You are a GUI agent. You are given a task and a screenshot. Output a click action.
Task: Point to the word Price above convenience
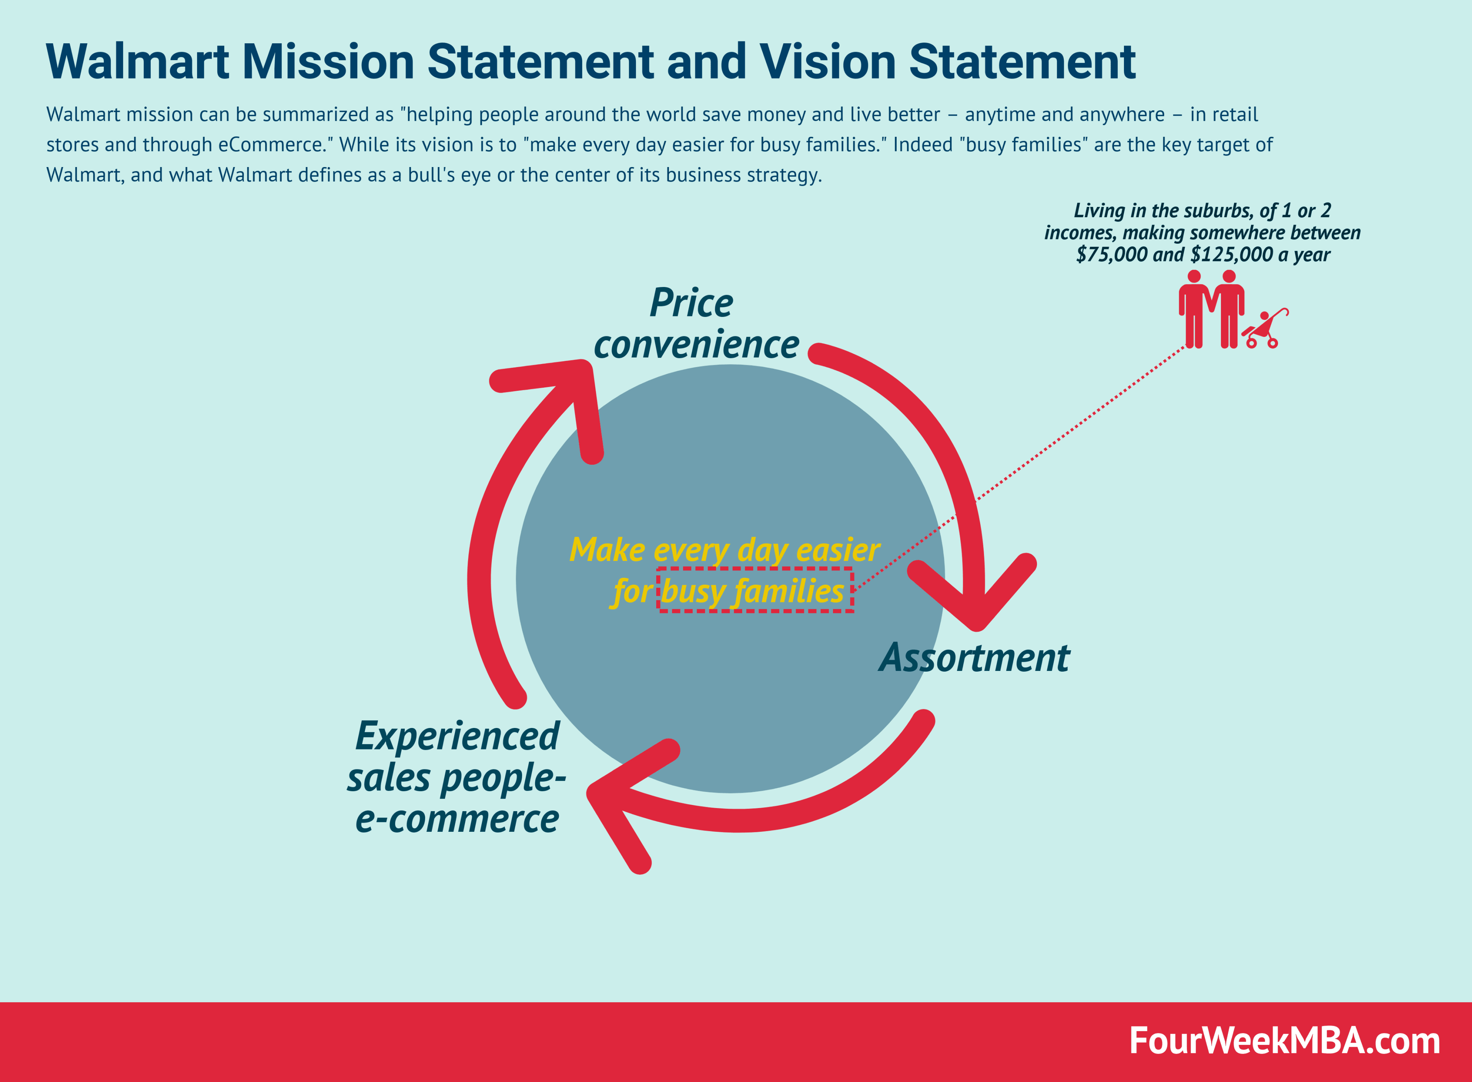(691, 303)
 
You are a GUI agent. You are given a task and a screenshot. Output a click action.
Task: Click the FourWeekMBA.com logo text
(1284, 1041)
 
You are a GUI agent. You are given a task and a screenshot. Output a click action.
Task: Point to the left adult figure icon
(1194, 308)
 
